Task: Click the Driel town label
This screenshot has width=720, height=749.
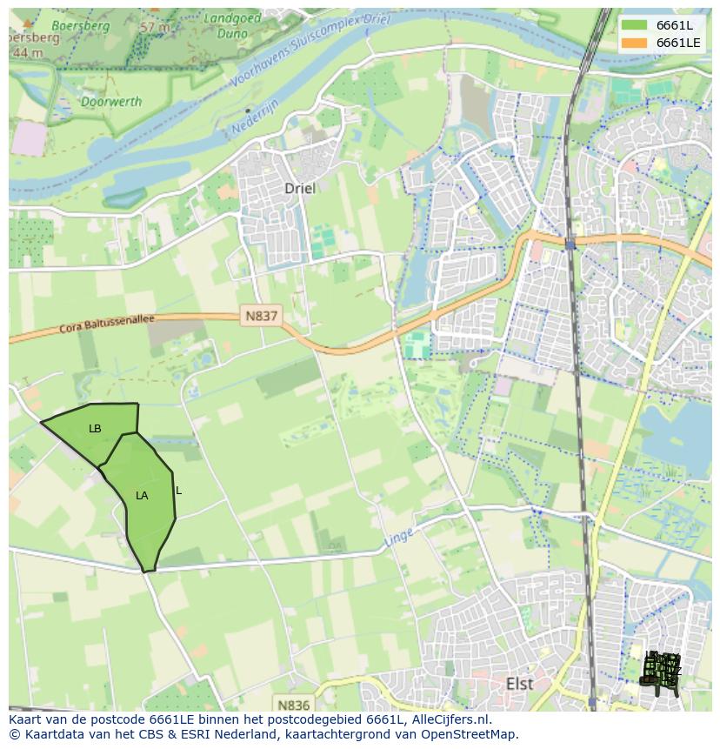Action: [x=300, y=188]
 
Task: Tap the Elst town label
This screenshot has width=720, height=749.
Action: [x=519, y=684]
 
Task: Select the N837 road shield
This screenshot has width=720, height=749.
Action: [x=260, y=317]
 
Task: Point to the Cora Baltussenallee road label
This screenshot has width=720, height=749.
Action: [x=106, y=324]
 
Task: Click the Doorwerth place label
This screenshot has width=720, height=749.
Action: [x=86, y=102]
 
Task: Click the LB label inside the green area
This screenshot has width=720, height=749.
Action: [x=95, y=429]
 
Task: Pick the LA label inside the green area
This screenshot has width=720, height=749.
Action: [x=142, y=496]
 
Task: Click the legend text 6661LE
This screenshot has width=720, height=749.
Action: [x=678, y=43]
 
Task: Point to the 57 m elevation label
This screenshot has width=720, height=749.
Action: [x=156, y=27]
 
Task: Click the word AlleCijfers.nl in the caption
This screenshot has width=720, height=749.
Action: [x=451, y=719]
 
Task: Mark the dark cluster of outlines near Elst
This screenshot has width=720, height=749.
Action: [x=661, y=671]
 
